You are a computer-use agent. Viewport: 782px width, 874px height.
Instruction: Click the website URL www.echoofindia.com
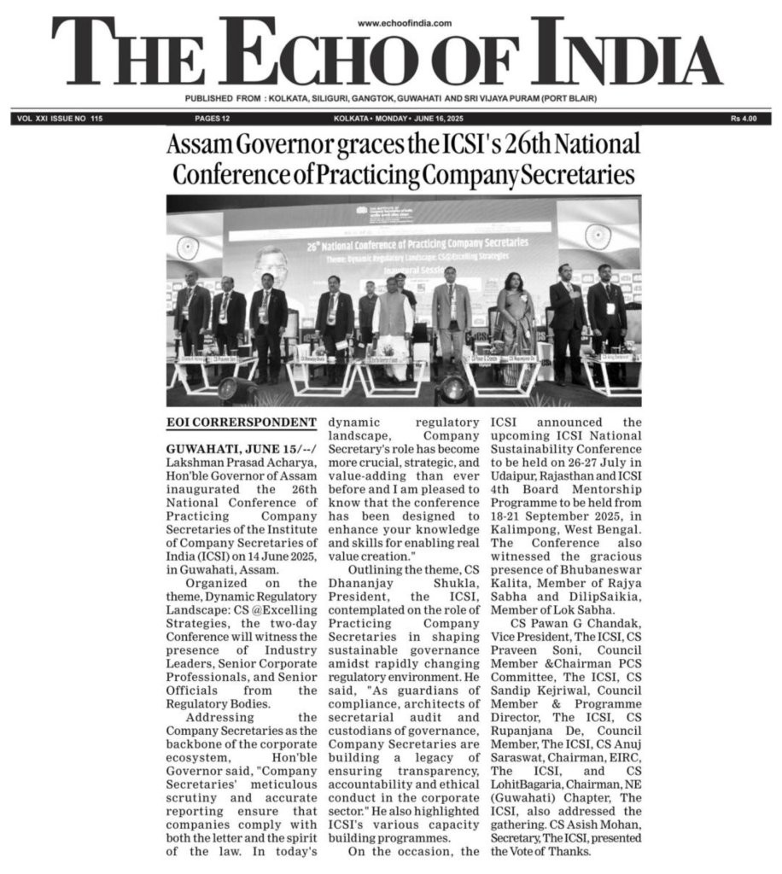point(405,24)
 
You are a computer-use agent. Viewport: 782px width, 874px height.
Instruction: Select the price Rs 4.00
point(747,119)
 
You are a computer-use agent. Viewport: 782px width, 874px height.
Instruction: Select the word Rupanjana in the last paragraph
point(532,720)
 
